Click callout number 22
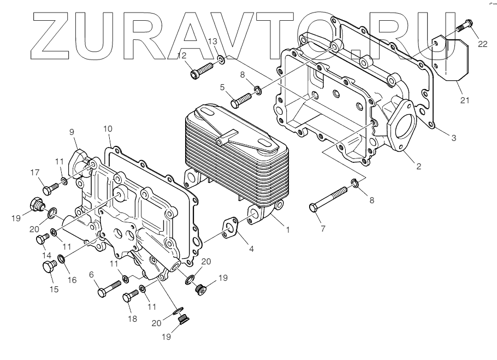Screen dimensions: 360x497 [x=482, y=44]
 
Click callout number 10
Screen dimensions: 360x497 [x=108, y=129]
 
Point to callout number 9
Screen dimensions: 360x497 [x=72, y=131]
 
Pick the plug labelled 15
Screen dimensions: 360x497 [x=49, y=267]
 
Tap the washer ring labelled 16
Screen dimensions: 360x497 [x=62, y=258]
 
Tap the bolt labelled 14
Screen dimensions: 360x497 [x=42, y=239]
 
